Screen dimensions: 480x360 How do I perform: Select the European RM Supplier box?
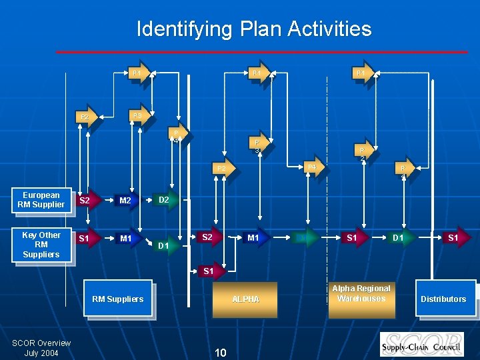41,200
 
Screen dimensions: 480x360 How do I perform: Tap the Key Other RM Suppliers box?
41,245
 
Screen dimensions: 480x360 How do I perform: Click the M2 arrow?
126,200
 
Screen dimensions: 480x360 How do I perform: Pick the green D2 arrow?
165,199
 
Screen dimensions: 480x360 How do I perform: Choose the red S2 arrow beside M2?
85,200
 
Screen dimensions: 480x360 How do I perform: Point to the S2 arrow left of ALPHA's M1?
208,237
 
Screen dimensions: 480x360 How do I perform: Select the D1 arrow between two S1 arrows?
398,237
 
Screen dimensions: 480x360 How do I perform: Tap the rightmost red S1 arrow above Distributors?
453,237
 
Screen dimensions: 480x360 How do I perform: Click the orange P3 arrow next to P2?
138,116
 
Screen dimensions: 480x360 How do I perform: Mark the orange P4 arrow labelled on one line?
311,167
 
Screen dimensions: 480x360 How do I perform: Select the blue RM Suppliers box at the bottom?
117,299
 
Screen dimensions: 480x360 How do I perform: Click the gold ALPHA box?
245,299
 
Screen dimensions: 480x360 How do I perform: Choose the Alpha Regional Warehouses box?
361,293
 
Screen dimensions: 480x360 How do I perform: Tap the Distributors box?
443,299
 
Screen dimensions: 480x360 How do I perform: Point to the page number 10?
221,351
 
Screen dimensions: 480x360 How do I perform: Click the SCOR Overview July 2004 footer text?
41,347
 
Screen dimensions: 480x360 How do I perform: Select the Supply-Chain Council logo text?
422,347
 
